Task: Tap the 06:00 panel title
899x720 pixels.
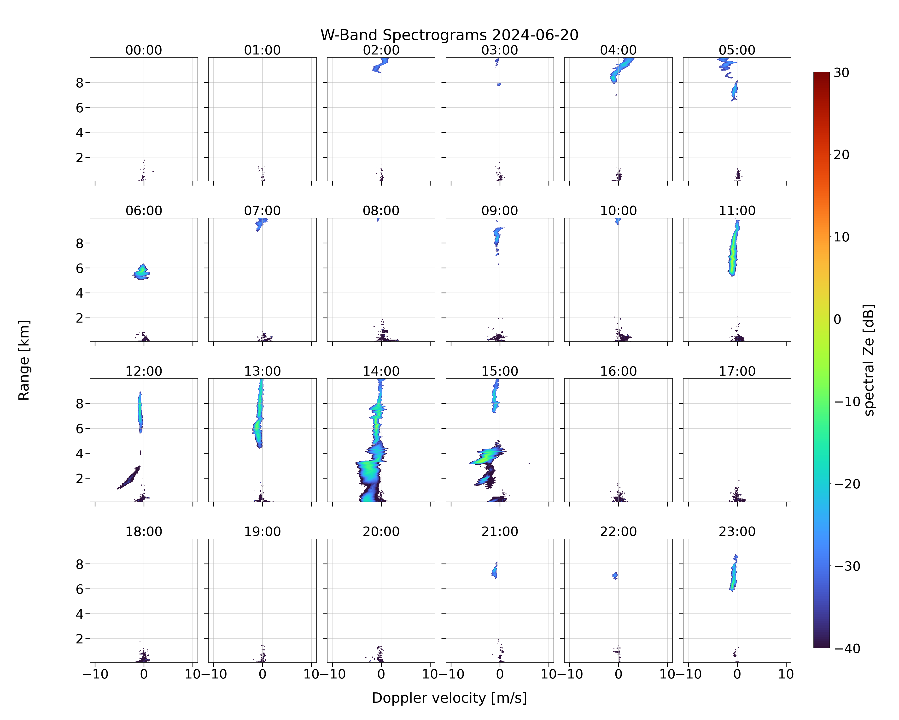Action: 144,211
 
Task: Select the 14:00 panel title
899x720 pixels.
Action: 381,371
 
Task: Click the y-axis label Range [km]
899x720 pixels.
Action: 24,360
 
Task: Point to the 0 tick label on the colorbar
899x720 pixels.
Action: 838,319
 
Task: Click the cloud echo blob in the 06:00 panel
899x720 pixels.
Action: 142,272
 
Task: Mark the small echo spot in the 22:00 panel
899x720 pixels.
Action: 615,576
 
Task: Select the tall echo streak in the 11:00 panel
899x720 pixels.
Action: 733,250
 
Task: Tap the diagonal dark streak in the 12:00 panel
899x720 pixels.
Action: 129,478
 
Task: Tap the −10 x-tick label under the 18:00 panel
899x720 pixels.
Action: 95,674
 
